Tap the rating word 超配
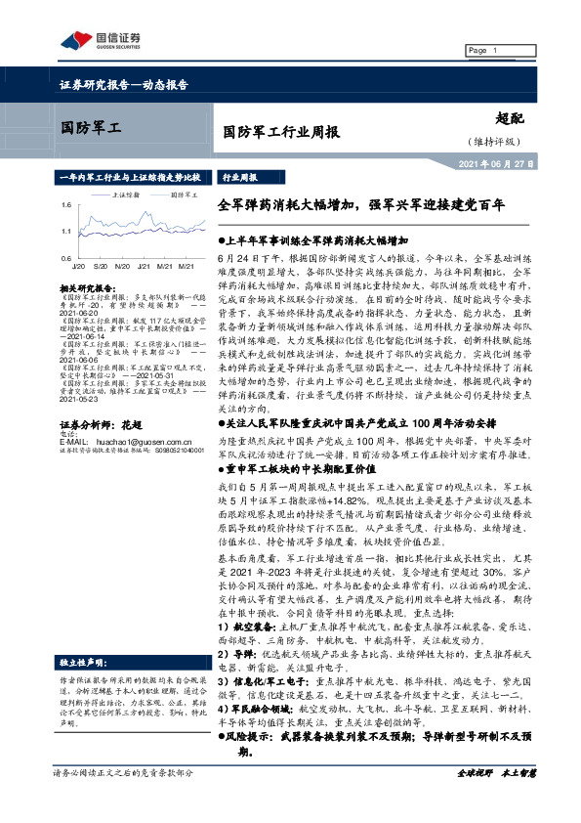click(x=511, y=117)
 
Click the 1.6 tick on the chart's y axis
click(x=65, y=205)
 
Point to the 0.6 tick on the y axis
click(x=65, y=257)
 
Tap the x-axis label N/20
click(x=122, y=266)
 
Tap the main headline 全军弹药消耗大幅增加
click(x=293, y=205)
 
